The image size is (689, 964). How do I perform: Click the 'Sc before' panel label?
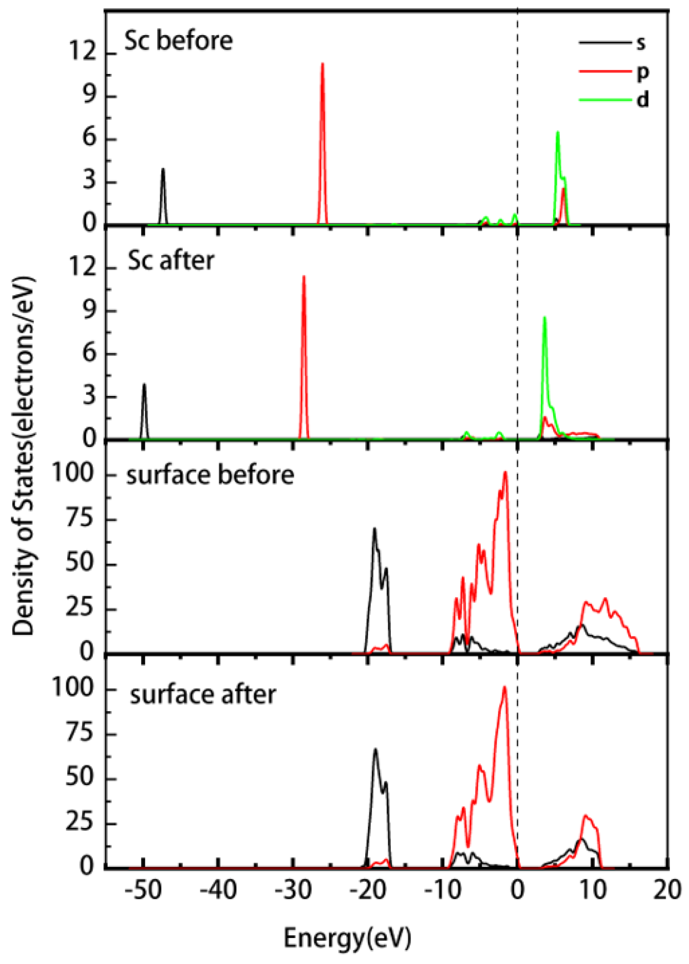[x=179, y=41]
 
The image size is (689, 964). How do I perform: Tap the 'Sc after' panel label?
[x=171, y=261]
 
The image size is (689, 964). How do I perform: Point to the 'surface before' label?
[x=210, y=475]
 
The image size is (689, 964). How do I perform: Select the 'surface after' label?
[x=203, y=695]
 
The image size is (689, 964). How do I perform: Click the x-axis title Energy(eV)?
[x=347, y=939]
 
